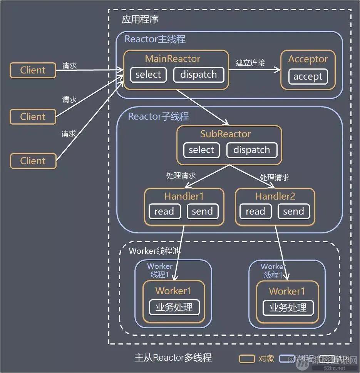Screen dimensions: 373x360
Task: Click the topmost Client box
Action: click(x=33, y=70)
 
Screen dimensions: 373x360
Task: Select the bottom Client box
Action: click(x=33, y=161)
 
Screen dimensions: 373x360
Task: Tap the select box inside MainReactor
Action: click(x=148, y=75)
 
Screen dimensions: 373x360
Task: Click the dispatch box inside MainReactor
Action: click(x=199, y=75)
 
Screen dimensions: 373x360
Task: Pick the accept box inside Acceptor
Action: click(x=308, y=77)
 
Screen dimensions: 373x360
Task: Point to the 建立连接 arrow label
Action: click(x=250, y=62)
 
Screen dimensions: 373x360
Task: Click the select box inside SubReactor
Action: click(x=201, y=150)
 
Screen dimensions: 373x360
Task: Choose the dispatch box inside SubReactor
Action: click(x=252, y=150)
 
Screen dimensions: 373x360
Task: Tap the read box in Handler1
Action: click(x=164, y=211)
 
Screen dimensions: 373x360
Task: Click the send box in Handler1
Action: click(x=202, y=211)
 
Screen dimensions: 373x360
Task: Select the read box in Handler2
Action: click(x=255, y=211)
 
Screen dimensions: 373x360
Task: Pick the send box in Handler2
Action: click(x=293, y=211)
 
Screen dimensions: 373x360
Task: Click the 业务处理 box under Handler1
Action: click(x=174, y=307)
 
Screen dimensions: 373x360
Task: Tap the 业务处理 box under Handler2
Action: click(x=288, y=308)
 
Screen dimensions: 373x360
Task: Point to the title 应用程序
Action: click(x=140, y=20)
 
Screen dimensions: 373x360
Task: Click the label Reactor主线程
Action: click(x=155, y=39)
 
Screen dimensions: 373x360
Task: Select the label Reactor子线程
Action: click(x=158, y=117)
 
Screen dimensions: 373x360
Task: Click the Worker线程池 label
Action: click(x=154, y=251)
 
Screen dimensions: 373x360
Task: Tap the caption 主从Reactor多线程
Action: click(x=173, y=358)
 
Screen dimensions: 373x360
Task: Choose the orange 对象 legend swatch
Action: click(x=247, y=359)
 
